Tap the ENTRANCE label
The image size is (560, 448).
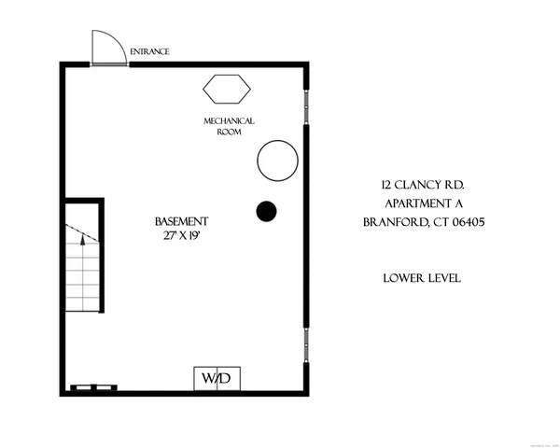(149, 51)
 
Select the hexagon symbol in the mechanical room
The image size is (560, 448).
(227, 90)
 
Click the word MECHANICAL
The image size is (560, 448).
(229, 121)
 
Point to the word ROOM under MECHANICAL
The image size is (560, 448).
(230, 133)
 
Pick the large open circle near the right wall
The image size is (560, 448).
(277, 161)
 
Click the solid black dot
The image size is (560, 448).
(266, 212)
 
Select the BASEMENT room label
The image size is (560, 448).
(181, 221)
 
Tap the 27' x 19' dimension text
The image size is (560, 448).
(181, 235)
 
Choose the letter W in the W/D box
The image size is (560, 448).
(208, 378)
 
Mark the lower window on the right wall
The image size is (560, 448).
(306, 344)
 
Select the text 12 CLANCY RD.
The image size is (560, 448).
(423, 186)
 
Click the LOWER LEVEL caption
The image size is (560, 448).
(423, 278)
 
